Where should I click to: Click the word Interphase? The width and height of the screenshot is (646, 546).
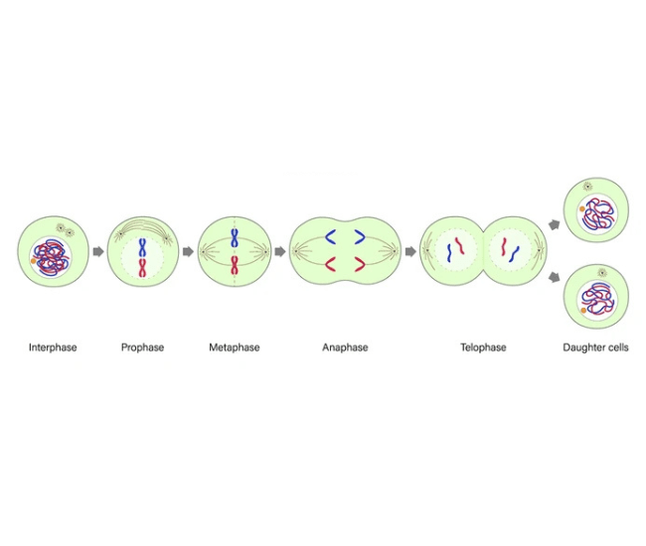(53, 347)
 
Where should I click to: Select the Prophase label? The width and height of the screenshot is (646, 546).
(142, 347)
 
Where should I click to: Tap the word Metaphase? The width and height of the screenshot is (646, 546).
(235, 347)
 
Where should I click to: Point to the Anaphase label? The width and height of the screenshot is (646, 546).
(345, 347)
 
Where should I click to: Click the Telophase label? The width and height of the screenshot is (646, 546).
(483, 347)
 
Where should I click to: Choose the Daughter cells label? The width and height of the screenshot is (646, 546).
(595, 347)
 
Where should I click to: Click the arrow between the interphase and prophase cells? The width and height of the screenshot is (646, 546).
(97, 252)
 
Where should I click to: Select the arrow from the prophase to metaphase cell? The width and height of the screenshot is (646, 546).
(188, 252)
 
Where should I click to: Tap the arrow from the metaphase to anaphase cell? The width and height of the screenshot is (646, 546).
(279, 252)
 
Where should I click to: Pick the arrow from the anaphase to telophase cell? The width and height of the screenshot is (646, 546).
(410, 252)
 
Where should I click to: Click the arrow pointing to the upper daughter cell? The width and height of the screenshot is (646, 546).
(553, 225)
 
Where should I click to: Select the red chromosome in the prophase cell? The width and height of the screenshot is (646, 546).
(143, 266)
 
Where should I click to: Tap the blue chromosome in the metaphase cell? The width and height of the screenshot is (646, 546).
(235, 238)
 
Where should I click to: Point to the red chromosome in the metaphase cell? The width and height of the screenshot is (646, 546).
(235, 264)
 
